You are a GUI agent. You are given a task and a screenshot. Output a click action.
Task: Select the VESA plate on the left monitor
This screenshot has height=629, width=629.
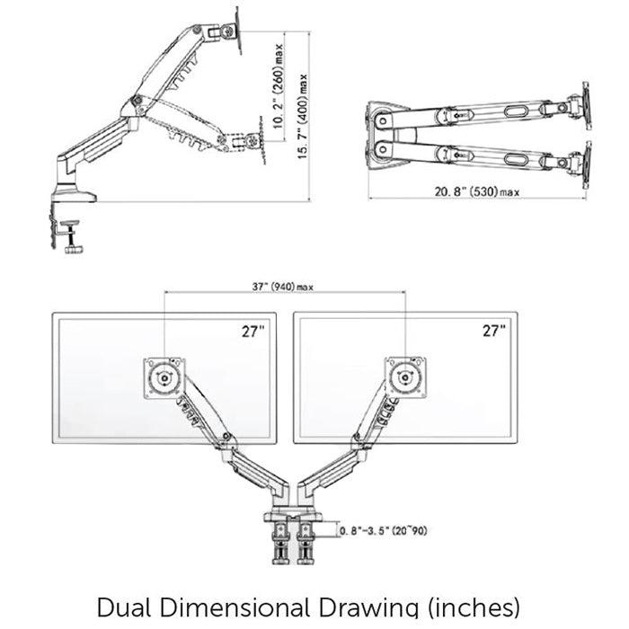pos(164,377)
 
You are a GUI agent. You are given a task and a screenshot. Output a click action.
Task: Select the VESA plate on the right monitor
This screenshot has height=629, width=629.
pos(404,377)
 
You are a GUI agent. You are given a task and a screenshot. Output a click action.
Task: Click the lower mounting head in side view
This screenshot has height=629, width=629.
pos(255,143)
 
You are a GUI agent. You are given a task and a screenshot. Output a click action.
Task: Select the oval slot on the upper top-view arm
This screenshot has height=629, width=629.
pos(518,111)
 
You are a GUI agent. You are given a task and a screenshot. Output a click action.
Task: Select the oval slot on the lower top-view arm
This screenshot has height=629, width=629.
pos(518,158)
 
